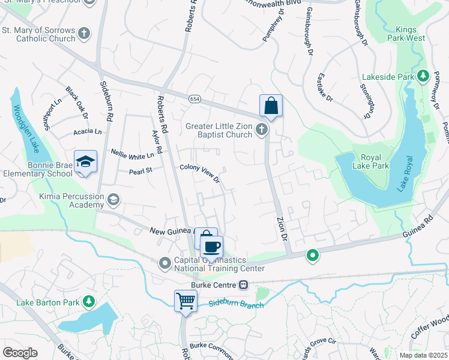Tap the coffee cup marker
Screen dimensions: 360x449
211,247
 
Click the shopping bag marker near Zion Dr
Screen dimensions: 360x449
271,106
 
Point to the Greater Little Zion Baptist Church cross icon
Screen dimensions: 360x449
261,129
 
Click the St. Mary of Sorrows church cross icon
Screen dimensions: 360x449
85,33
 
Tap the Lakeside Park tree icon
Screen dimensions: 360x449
423,76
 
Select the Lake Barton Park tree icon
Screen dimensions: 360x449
89,301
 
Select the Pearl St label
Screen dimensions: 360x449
141,171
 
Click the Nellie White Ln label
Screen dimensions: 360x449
133,154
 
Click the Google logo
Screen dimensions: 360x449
20,353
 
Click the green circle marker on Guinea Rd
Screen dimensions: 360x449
312,256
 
